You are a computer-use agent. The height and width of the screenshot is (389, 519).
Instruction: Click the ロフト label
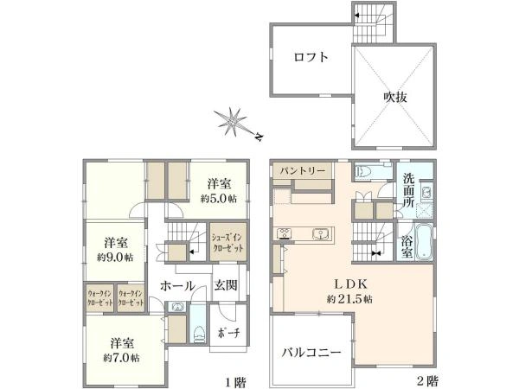pos(310,58)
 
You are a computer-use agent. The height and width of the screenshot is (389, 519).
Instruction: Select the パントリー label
pos(302,171)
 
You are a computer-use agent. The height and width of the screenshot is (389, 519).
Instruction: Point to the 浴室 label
pos(407,243)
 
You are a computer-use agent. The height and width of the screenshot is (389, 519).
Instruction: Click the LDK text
pos(349,284)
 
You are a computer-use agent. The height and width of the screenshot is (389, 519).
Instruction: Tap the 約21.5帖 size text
pos(349,298)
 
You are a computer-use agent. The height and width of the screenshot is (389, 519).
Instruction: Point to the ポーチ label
pos(227,334)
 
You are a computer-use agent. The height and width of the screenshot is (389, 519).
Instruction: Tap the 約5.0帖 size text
pos(219,196)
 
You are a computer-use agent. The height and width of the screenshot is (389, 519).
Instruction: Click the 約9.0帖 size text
pos(117,257)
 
